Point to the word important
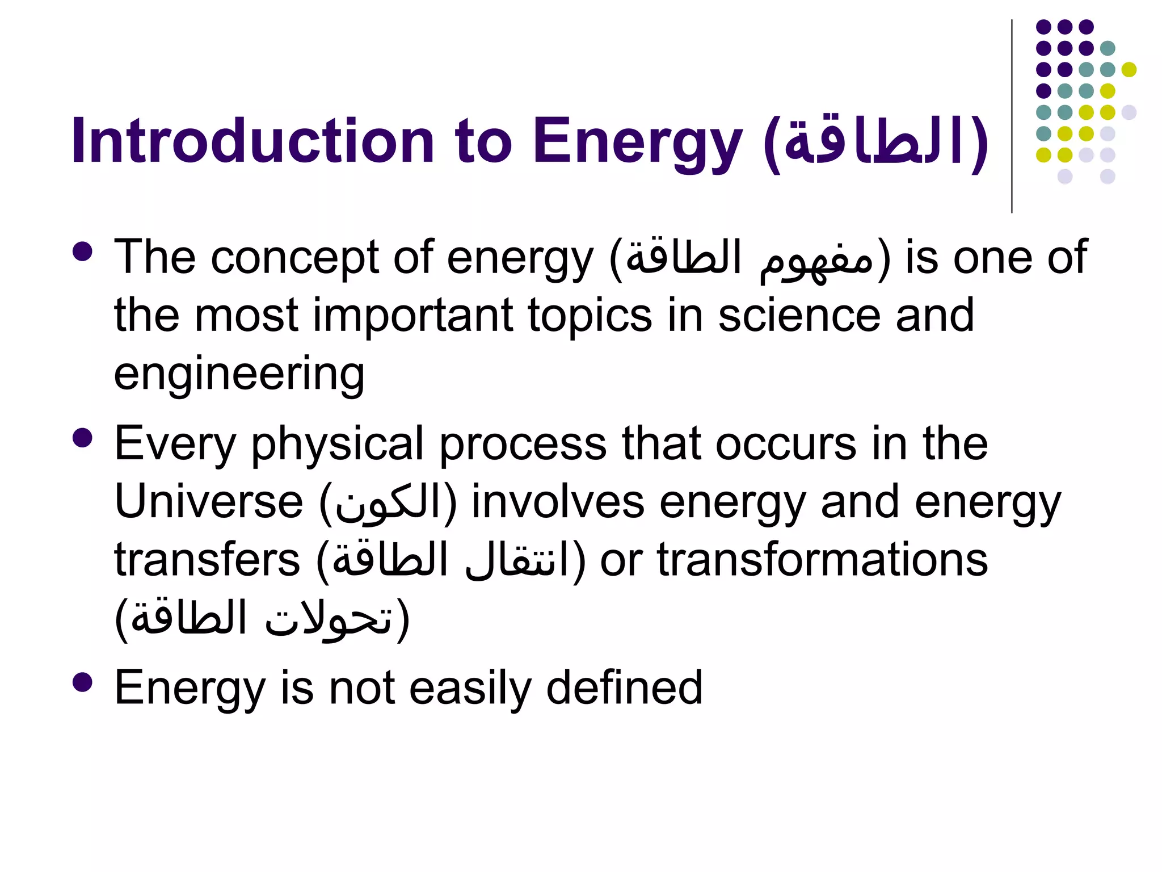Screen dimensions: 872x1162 (413, 316)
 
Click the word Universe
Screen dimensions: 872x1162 (209, 502)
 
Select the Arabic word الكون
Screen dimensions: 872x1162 (388, 503)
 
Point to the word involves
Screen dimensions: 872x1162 (558, 502)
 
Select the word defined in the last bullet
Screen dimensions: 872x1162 (624, 688)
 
